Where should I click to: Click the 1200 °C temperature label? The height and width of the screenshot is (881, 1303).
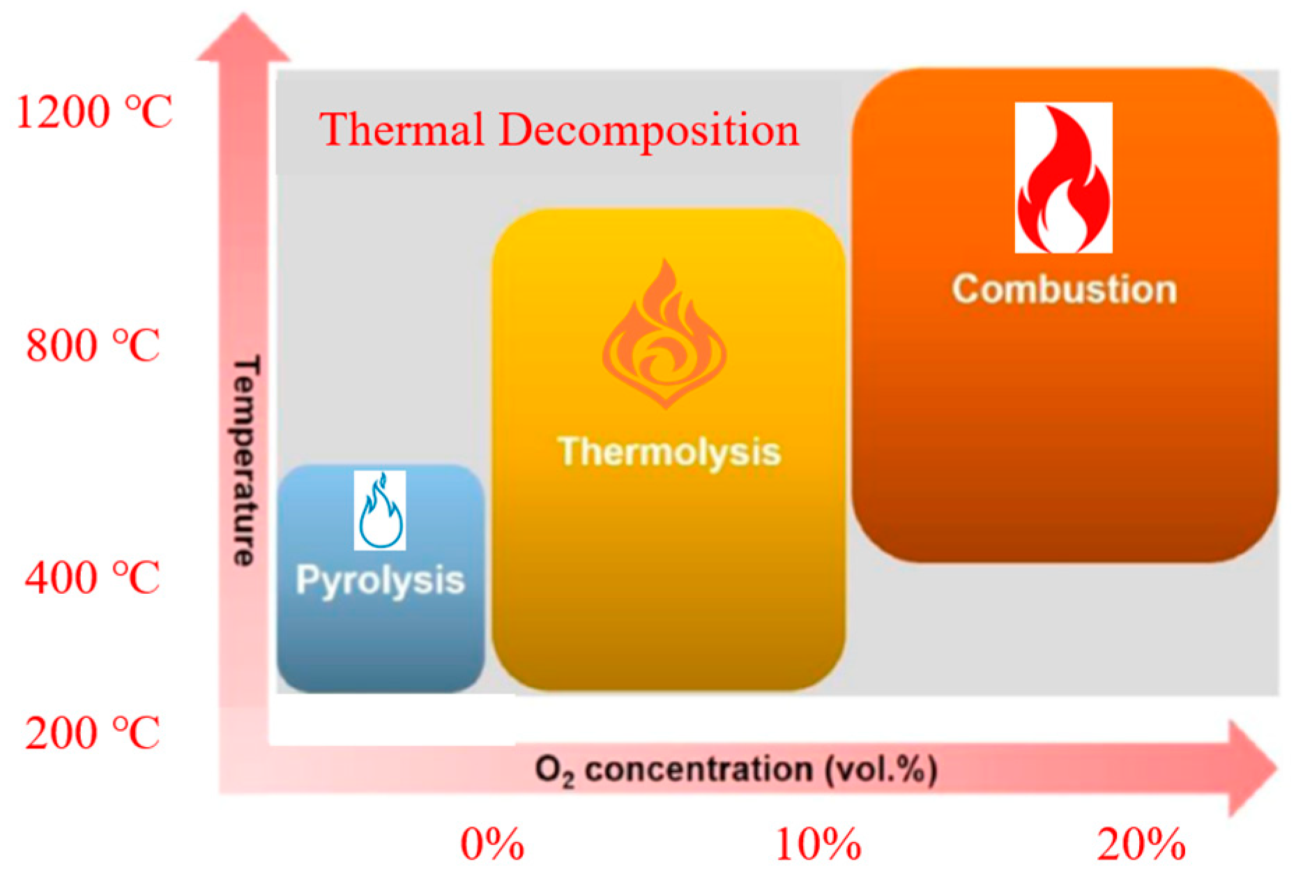[93, 112]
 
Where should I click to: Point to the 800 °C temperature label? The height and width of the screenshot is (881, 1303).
[93, 345]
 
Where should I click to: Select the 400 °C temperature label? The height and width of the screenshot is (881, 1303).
[93, 578]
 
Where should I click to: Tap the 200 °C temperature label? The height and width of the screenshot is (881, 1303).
[93, 733]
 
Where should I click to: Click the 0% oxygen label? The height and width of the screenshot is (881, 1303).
[492, 844]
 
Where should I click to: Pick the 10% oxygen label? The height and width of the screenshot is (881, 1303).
[818, 844]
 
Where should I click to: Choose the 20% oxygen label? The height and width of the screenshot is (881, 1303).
[1141, 844]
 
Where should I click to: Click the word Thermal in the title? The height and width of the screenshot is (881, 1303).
[402, 130]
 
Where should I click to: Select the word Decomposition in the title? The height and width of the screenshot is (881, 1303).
[648, 131]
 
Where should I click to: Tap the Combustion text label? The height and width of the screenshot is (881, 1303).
[1064, 289]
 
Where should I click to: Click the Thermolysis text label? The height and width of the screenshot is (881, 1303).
[669, 452]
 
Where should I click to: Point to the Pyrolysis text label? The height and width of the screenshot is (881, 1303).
[380, 580]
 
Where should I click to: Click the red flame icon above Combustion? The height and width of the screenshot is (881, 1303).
[1063, 178]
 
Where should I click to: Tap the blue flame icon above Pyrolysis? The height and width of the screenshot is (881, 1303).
[380, 511]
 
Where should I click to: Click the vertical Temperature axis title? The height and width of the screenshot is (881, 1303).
[245, 460]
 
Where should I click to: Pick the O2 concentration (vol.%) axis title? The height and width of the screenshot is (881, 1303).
[736, 770]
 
